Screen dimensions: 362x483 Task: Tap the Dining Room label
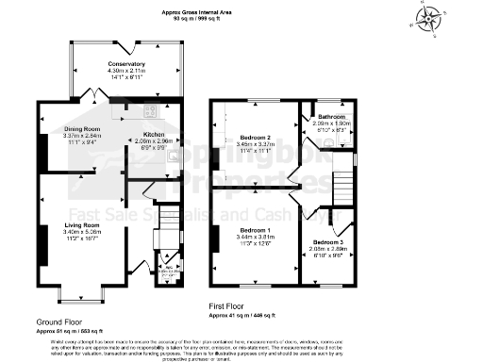click(82, 128)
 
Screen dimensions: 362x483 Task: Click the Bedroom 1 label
click(255, 230)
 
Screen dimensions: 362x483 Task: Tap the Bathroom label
click(331, 117)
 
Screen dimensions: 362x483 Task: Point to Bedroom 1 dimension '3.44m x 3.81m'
click(255, 237)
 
